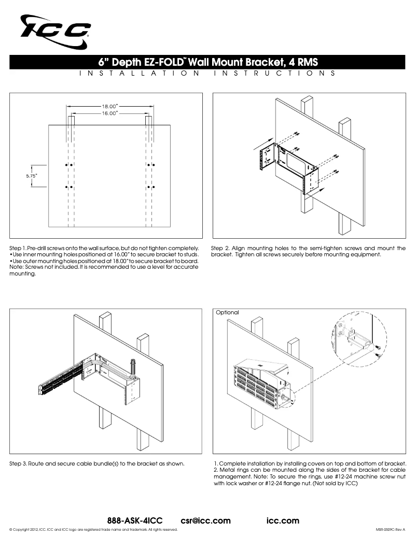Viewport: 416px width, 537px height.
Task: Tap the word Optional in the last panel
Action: click(x=227, y=312)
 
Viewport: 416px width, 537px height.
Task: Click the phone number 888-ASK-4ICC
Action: click(x=135, y=520)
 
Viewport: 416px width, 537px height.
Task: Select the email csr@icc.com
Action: click(x=206, y=520)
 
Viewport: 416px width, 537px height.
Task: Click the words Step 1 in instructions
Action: click(x=18, y=248)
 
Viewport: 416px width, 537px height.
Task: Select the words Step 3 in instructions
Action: click(x=18, y=463)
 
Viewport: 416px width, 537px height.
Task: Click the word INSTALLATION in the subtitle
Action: click(x=140, y=73)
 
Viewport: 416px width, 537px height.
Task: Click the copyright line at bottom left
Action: click(x=93, y=530)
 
